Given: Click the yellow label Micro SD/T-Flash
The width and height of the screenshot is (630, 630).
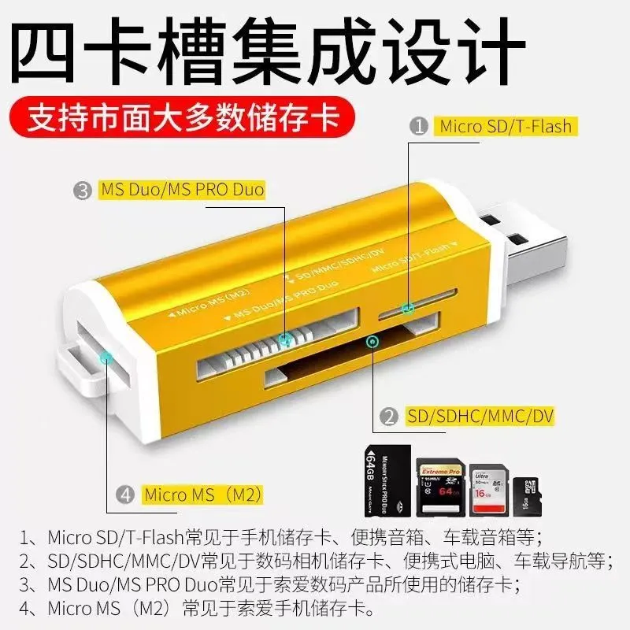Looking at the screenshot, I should coord(505,126).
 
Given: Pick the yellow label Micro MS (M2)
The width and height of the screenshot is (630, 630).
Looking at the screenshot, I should coord(202,495).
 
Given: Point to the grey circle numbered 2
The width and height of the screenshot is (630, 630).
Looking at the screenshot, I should coord(387,417).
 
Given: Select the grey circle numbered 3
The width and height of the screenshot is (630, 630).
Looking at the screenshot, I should coord(83,190).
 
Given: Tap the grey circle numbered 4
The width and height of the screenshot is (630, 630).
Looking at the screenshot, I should coord(125,495).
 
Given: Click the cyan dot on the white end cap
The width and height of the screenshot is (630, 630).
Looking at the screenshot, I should coord(106,359).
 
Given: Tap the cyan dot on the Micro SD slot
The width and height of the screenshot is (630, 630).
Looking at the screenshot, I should coord(407,308).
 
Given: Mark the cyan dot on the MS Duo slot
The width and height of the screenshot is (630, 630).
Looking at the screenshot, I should coord(287,339).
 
